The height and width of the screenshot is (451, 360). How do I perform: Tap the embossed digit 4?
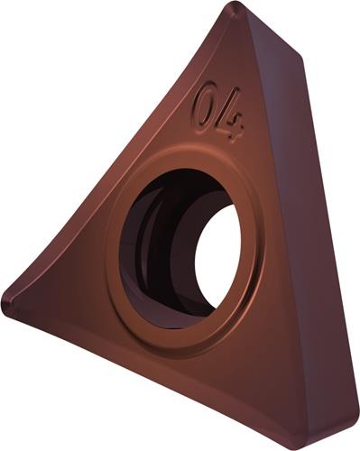pos(233,115)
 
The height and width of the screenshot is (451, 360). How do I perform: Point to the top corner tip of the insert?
pos(237,4)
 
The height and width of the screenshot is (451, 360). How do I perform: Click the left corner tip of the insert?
pos(4,299)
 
